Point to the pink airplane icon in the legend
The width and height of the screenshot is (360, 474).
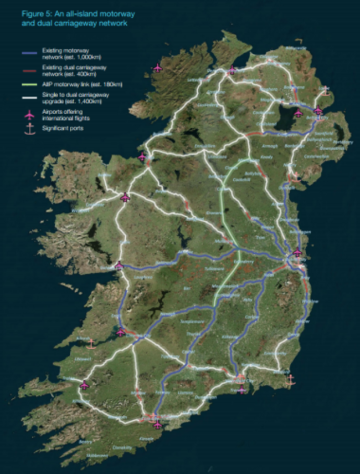click(x=28, y=114)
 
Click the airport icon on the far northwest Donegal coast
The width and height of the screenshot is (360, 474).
click(x=158, y=68)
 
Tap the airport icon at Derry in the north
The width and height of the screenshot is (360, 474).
click(x=232, y=70)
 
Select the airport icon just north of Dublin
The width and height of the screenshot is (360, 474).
click(x=297, y=252)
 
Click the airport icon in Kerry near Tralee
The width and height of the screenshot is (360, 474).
click(x=84, y=385)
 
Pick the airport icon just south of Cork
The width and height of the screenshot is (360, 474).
click(x=158, y=425)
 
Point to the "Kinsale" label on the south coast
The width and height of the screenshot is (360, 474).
click(x=147, y=438)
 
